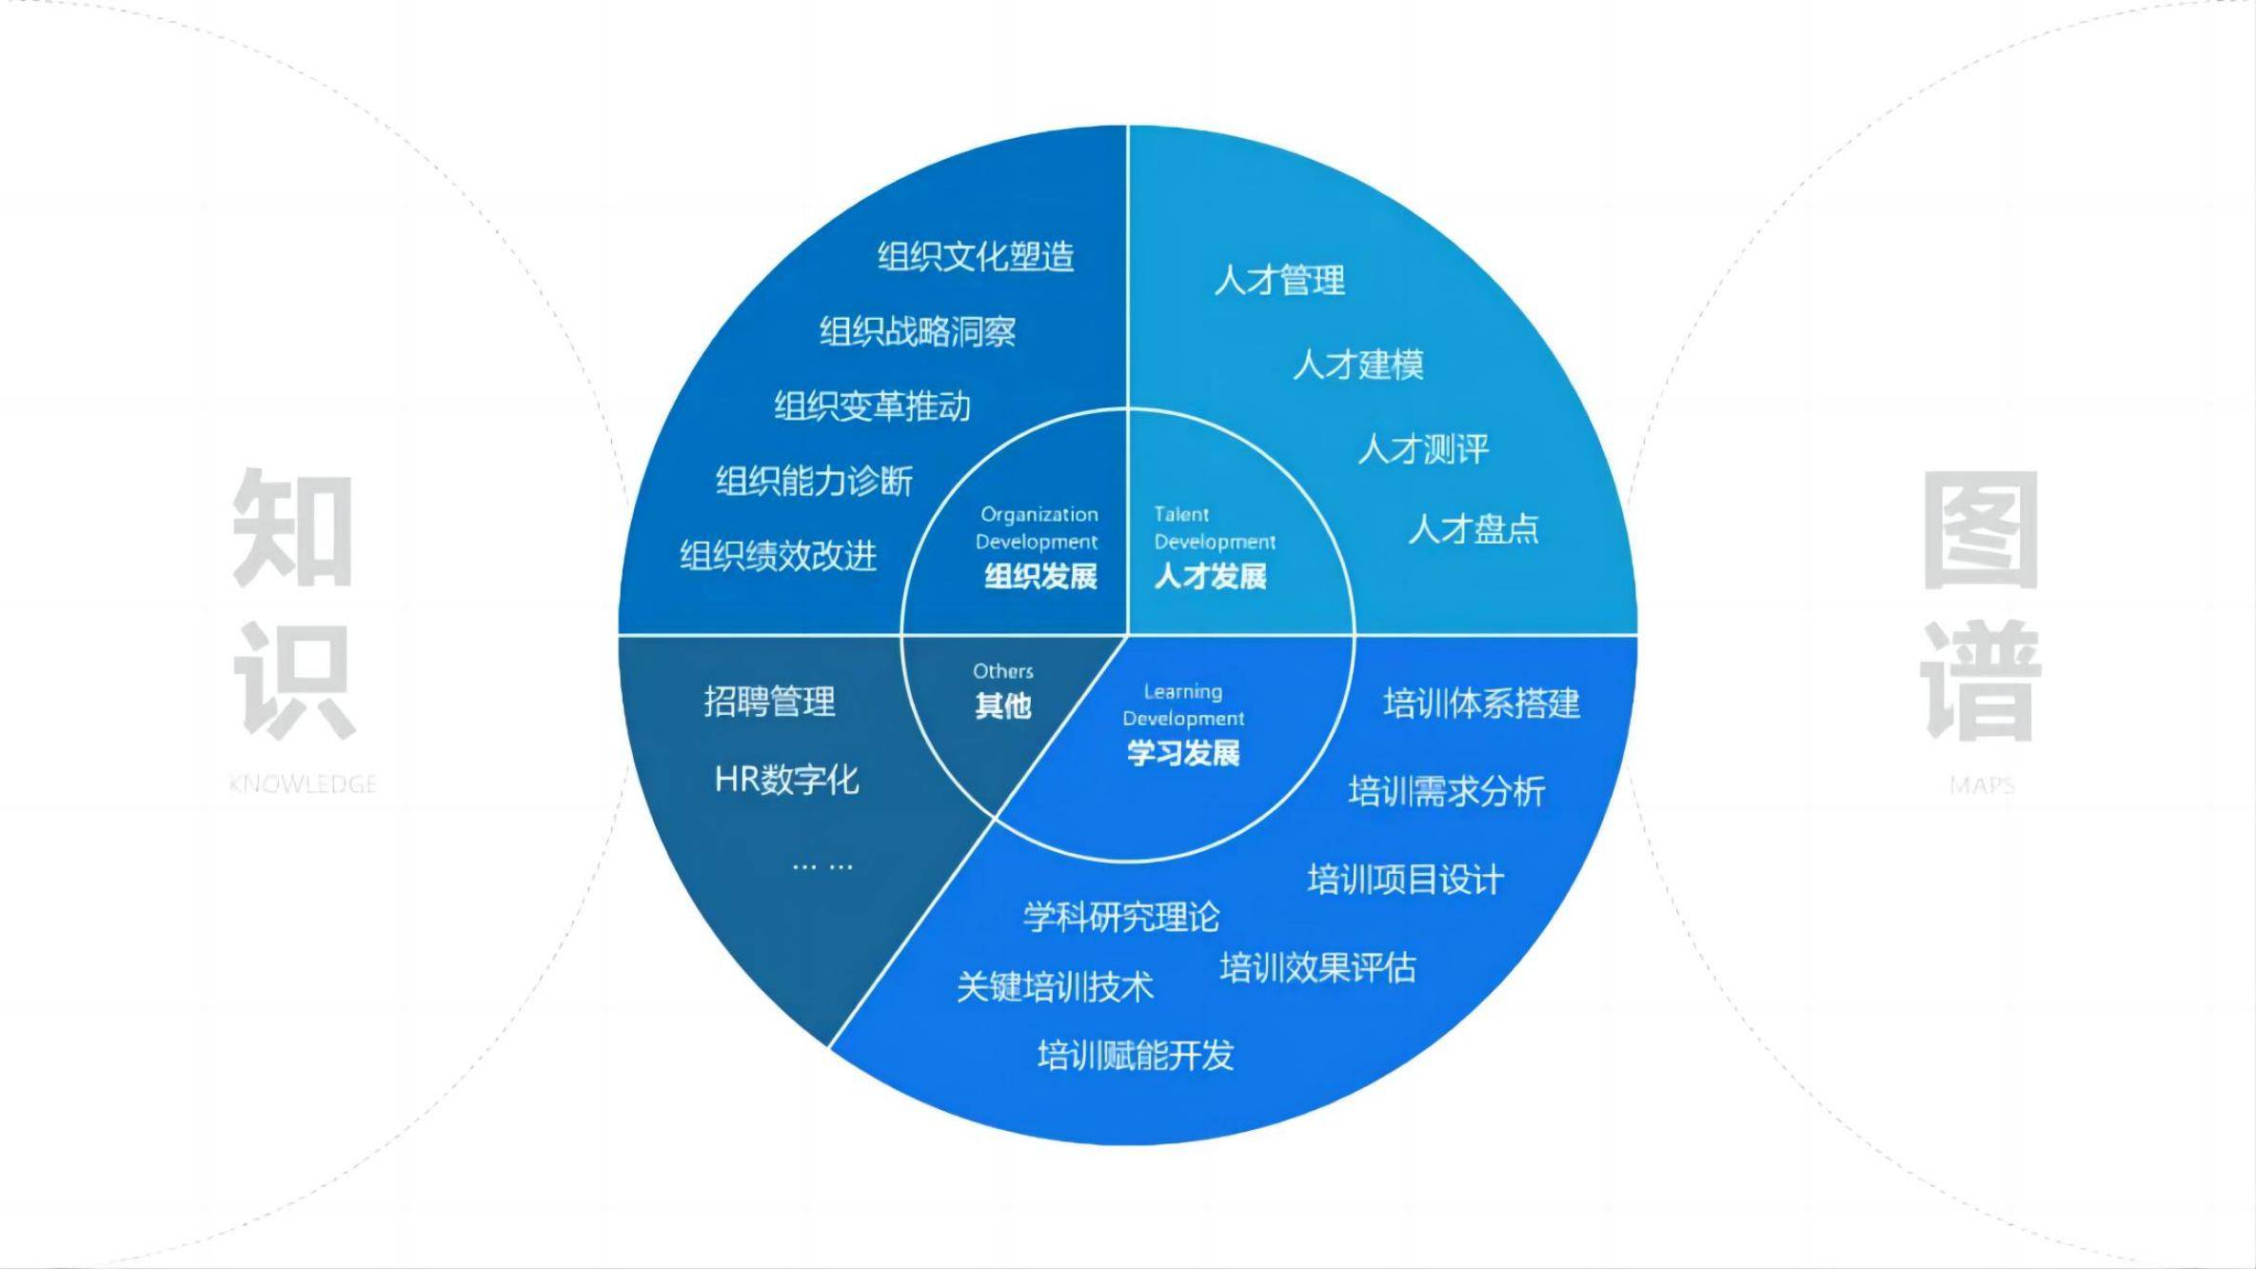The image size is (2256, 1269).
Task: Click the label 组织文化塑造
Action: click(976, 257)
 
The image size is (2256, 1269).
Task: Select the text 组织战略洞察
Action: click(918, 332)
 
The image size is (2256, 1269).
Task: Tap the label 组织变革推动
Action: click(872, 406)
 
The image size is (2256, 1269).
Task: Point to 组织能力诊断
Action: click(814, 482)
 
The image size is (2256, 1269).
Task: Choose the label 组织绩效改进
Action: click(778, 556)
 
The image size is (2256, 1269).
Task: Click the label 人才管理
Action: click(1279, 281)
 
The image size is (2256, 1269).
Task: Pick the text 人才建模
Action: click(1358, 365)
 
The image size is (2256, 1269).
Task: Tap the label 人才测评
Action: click(1423, 449)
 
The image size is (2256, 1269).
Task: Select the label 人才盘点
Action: click(1474, 529)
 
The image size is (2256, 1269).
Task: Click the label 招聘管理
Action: click(769, 702)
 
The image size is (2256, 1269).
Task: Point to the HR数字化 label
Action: click(786, 780)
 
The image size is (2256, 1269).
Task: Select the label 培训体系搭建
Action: click(1481, 704)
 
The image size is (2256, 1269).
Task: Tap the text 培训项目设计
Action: click(1405, 880)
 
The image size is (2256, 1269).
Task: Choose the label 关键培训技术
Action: click(1055, 986)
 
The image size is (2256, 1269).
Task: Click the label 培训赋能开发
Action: click(1136, 1055)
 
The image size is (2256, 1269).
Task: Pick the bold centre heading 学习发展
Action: click(1183, 753)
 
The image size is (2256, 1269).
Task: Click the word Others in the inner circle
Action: click(1003, 671)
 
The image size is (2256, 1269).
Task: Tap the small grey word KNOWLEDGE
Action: click(303, 784)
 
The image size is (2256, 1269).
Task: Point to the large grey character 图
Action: click(1981, 529)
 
